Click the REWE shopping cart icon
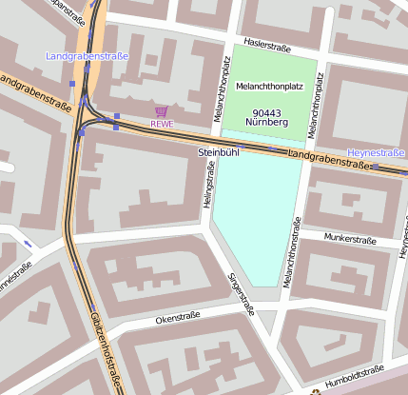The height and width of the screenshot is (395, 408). click(161, 111)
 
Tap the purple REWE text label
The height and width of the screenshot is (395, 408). click(162, 124)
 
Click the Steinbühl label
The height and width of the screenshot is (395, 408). click(217, 151)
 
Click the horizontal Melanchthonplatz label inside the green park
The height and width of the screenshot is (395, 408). click(269, 87)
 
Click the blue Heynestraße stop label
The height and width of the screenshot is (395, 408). click(376, 152)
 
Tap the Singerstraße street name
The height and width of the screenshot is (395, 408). click(242, 293)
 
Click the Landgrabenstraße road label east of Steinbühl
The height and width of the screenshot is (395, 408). click(328, 159)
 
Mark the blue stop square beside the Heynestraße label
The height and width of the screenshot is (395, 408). click(375, 167)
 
